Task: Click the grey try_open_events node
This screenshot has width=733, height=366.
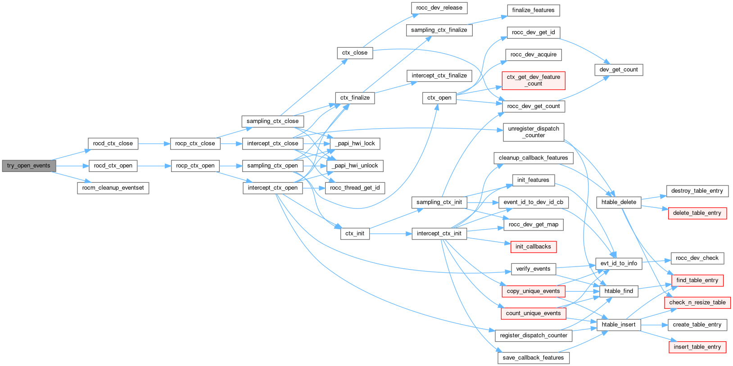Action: (x=28, y=166)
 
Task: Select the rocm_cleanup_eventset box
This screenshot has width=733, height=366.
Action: (x=113, y=188)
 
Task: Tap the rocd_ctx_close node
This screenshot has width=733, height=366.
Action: (x=113, y=144)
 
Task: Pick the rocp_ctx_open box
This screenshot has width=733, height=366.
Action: (x=195, y=166)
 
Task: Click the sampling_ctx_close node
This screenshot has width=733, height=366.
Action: (x=272, y=121)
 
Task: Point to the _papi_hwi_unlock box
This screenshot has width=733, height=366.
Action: (x=355, y=166)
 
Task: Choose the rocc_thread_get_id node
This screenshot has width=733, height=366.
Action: (x=355, y=188)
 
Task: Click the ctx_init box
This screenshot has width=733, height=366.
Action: (x=355, y=233)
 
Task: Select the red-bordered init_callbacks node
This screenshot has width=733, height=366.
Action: (x=533, y=247)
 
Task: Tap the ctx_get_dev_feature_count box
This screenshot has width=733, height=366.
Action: (x=533, y=81)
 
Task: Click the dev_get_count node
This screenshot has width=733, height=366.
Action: (x=619, y=70)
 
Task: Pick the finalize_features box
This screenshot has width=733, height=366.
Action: (x=533, y=10)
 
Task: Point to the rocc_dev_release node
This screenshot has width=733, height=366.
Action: (x=439, y=8)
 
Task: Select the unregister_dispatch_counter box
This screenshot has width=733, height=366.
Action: (x=533, y=132)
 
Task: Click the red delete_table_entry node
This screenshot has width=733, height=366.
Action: (x=697, y=213)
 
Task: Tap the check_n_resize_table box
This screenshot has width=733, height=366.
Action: (x=697, y=303)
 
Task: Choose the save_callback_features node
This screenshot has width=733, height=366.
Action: (x=533, y=358)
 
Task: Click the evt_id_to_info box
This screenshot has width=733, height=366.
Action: (x=619, y=263)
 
